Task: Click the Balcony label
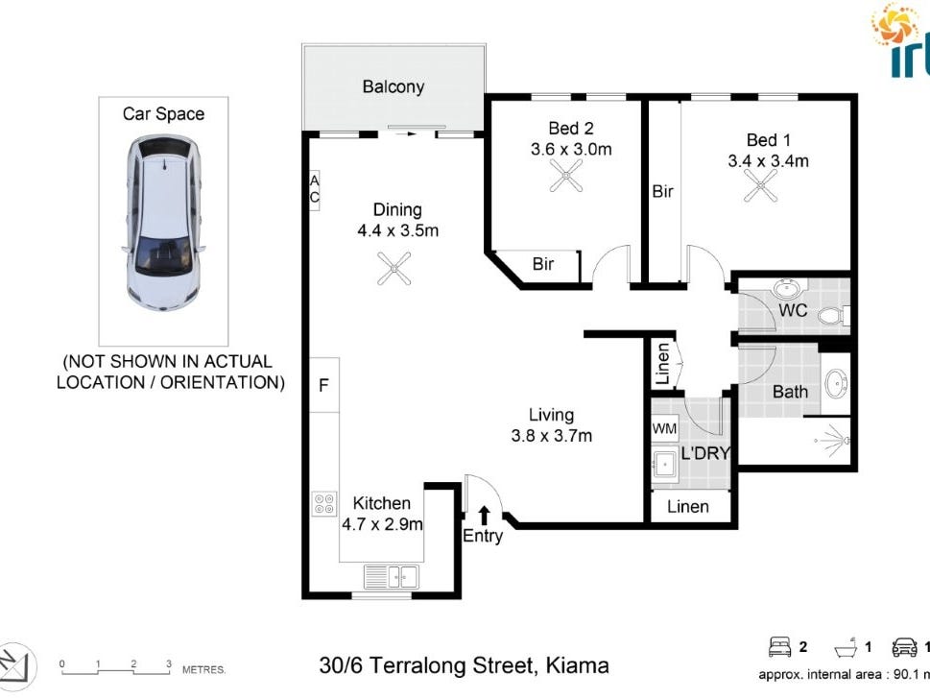pyautogui.click(x=393, y=86)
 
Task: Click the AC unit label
pyautogui.click(x=314, y=190)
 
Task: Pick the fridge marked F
pyautogui.click(x=324, y=385)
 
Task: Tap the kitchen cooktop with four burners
pyautogui.click(x=324, y=504)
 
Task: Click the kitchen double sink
pyautogui.click(x=391, y=576)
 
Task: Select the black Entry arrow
pyautogui.click(x=484, y=516)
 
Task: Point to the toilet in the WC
pyautogui.click(x=837, y=314)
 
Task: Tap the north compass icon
pyautogui.click(x=18, y=663)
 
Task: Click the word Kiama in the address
pyautogui.click(x=577, y=664)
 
